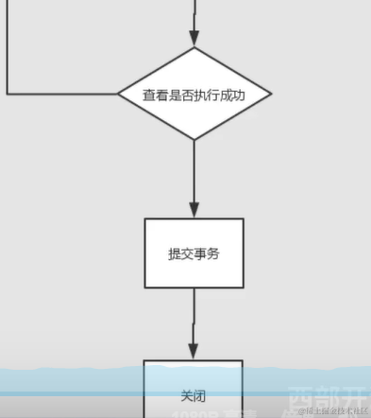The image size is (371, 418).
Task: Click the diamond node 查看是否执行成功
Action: click(x=194, y=95)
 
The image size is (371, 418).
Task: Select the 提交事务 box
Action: click(x=194, y=253)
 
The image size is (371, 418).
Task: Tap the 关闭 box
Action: click(x=194, y=392)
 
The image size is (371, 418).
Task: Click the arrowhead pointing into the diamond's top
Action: click(x=194, y=40)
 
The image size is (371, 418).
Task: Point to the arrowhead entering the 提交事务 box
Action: click(x=194, y=210)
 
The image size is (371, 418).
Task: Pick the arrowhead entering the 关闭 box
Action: click(x=194, y=351)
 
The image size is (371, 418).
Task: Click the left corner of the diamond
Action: click(x=119, y=95)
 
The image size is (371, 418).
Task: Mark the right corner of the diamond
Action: click(x=271, y=95)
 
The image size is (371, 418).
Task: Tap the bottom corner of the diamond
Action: click(x=194, y=139)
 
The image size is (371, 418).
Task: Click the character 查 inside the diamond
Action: click(x=148, y=95)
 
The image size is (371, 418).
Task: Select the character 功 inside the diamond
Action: click(x=241, y=95)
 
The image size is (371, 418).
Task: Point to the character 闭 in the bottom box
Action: click(x=200, y=392)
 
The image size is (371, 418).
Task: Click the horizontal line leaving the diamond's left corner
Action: click(x=61, y=95)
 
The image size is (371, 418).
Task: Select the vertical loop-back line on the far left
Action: click(x=8, y=47)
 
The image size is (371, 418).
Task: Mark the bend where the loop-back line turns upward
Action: click(x=8, y=95)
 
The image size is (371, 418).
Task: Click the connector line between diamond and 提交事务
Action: click(x=194, y=175)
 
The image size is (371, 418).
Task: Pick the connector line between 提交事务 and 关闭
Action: click(x=194, y=317)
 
